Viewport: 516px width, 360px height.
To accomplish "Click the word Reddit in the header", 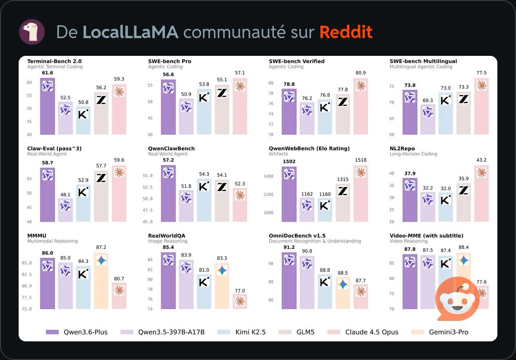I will pos(345,32).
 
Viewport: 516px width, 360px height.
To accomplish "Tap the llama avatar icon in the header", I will pos(31,32).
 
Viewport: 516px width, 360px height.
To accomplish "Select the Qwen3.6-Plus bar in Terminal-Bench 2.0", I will pos(47,106).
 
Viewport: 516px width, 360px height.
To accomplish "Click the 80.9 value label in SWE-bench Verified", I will pos(360,73).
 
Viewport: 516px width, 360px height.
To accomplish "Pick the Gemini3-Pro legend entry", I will pos(440,332).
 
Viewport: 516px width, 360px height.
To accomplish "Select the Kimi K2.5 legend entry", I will pos(242,332).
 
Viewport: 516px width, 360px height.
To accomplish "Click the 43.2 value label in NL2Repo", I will pos(481,160).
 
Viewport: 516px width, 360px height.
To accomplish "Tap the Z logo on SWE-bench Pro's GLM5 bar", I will pos(222,93).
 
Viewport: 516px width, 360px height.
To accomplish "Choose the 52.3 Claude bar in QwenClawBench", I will pos(240,205).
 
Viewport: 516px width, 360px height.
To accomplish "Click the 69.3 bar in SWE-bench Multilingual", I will pos(428,119).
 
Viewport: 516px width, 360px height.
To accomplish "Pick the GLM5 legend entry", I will pos(299,332).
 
